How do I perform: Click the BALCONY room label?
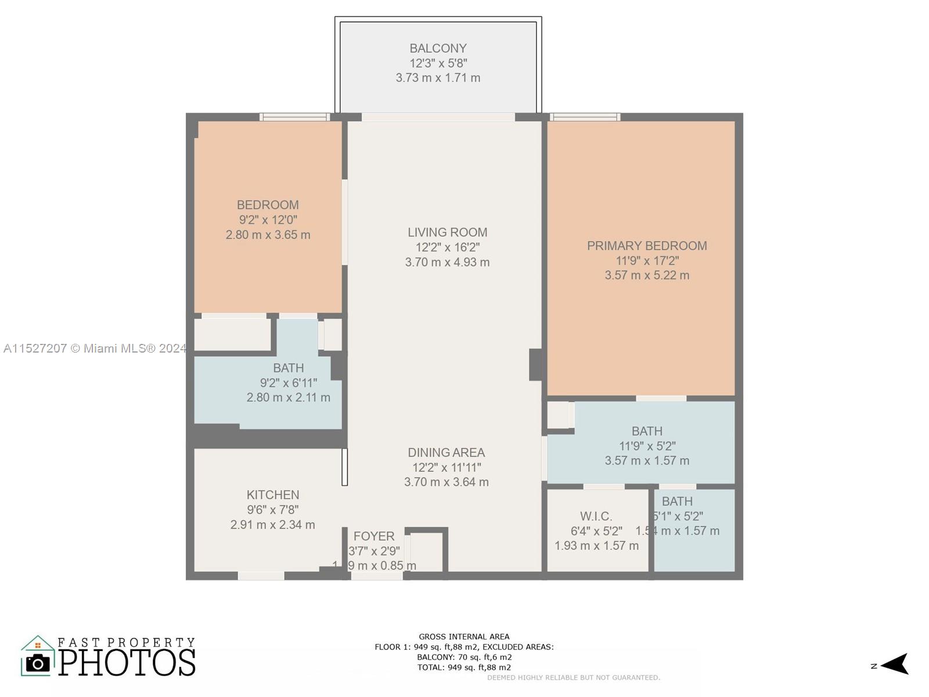pyautogui.click(x=438, y=49)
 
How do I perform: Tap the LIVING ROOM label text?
pyautogui.click(x=447, y=232)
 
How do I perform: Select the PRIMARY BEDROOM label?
pyautogui.click(x=646, y=246)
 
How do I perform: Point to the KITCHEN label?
pyautogui.click(x=273, y=495)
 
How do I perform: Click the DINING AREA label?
pyautogui.click(x=446, y=452)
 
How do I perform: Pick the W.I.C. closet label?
pyautogui.click(x=596, y=516)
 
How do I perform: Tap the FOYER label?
pyautogui.click(x=374, y=536)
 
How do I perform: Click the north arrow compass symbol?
pyautogui.click(x=895, y=664)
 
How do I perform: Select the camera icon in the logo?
pyautogui.click(x=38, y=663)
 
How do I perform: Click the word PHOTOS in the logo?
pyautogui.click(x=127, y=663)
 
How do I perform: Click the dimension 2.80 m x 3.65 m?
pyautogui.click(x=268, y=235)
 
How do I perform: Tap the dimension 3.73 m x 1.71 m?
pyautogui.click(x=438, y=78)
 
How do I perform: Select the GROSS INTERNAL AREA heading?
pyautogui.click(x=464, y=637)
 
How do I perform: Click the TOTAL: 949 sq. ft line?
pyautogui.click(x=464, y=667)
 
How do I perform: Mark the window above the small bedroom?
pyautogui.click(x=294, y=117)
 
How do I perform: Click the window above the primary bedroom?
pyautogui.click(x=585, y=117)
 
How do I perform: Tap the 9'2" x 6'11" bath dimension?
pyautogui.click(x=289, y=383)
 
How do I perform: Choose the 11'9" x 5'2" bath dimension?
pyautogui.click(x=647, y=446)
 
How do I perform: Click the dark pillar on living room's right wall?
pyautogui.click(x=535, y=365)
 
